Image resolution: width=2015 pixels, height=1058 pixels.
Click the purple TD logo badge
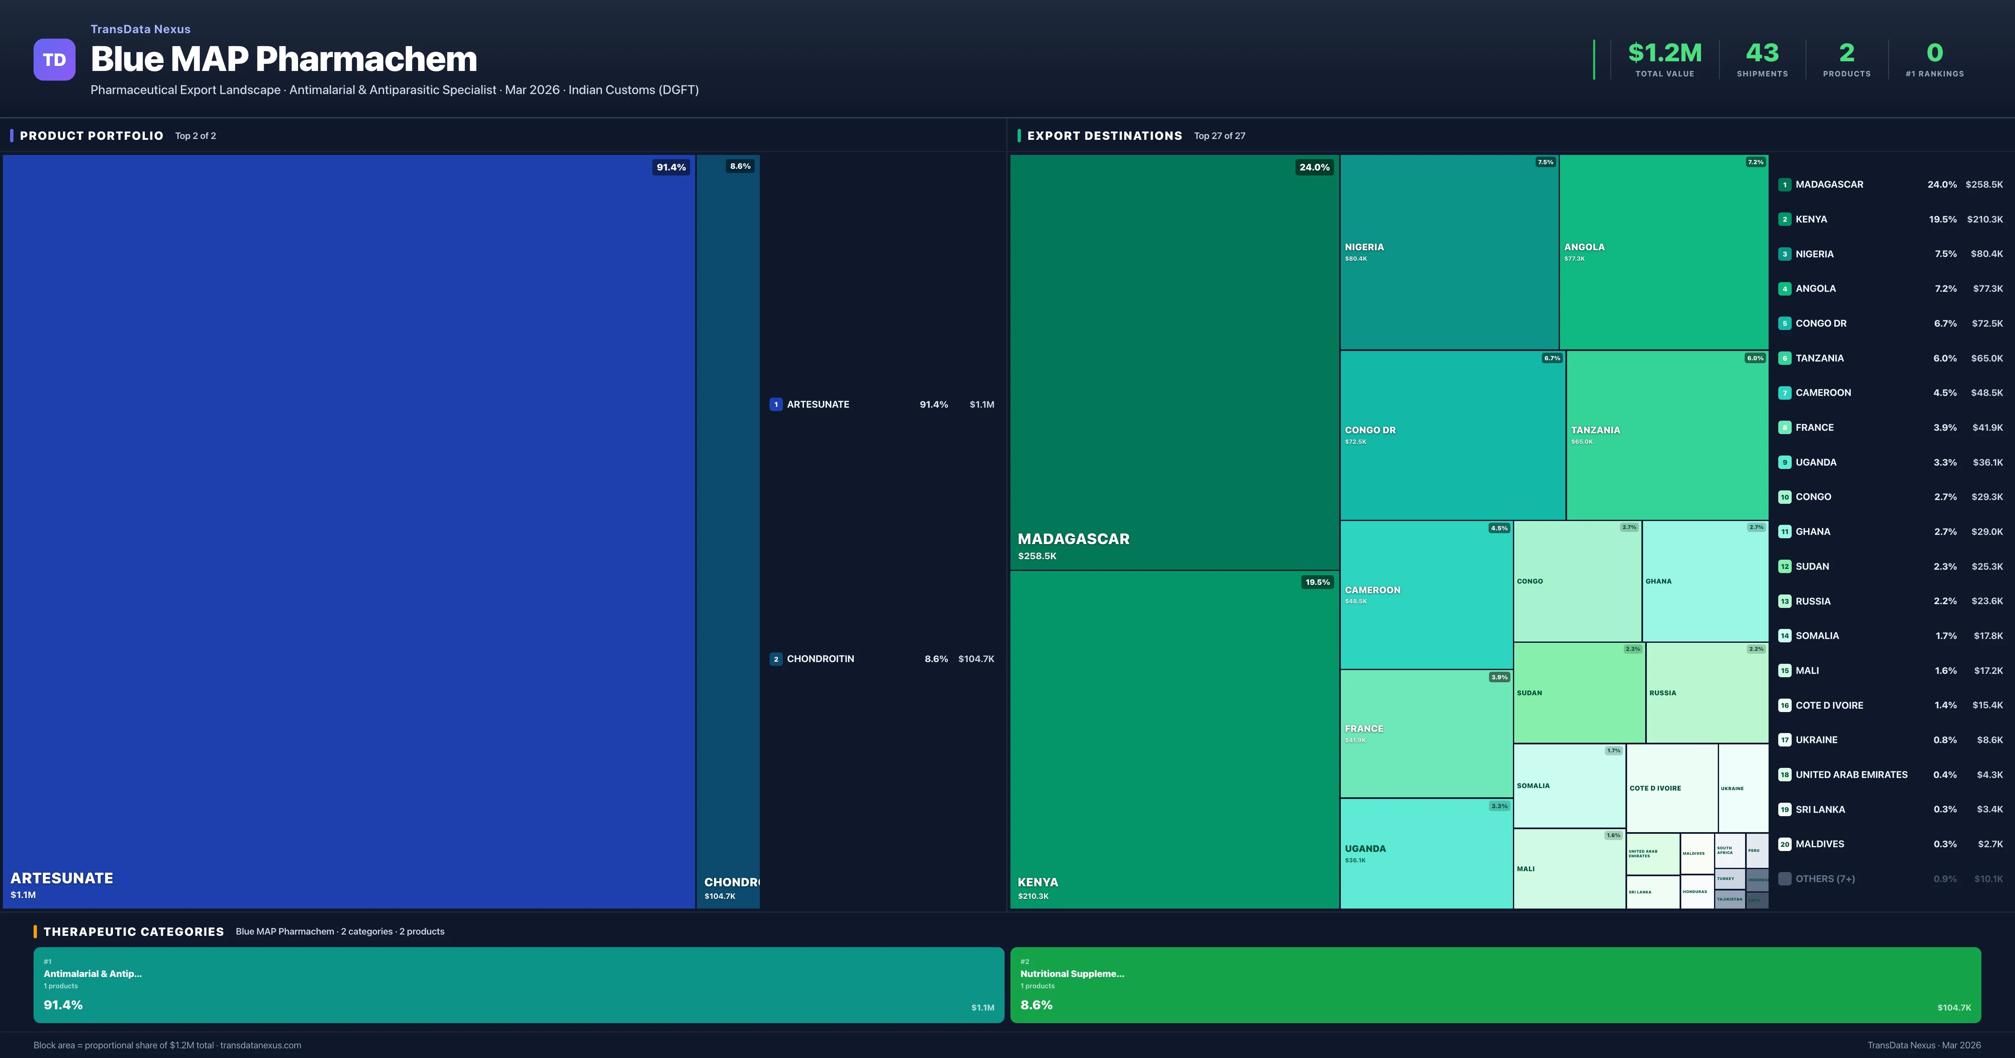[54, 60]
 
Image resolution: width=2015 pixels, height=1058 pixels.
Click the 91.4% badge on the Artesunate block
[670, 167]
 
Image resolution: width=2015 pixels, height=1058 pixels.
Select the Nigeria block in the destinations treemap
[1449, 252]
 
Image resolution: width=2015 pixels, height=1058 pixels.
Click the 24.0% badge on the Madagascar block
[1314, 167]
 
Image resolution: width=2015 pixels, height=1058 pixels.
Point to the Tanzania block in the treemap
[1667, 435]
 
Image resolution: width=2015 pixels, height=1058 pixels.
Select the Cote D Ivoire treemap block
[1672, 788]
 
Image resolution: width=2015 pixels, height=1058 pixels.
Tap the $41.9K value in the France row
[1987, 427]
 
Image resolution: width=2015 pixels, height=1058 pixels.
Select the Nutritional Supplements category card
[1495, 985]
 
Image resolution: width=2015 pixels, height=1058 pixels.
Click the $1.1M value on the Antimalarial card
[982, 1007]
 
